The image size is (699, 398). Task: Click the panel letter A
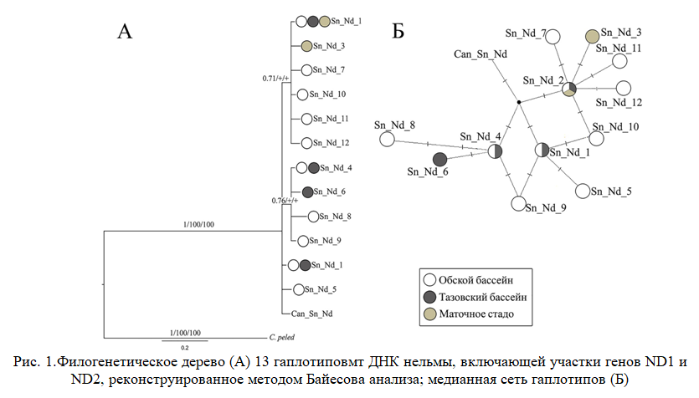[125, 33]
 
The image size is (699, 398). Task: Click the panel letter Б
[398, 33]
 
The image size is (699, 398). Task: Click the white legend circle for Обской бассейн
[429, 281]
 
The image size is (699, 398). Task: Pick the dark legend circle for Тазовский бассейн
[429, 297]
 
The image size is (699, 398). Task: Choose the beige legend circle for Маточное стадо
[429, 314]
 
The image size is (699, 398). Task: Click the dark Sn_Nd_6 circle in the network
[439, 159]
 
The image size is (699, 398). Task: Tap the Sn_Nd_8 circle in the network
[387, 139]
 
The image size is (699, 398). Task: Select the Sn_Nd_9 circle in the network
[519, 204]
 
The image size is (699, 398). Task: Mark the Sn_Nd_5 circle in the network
[582, 191]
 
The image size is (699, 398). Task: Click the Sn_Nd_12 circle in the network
[623, 87]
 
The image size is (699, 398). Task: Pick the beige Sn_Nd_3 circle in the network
[593, 36]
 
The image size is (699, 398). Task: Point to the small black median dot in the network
[519, 103]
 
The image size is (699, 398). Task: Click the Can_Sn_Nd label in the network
[481, 54]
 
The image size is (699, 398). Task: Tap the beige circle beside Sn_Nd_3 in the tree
[306, 46]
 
